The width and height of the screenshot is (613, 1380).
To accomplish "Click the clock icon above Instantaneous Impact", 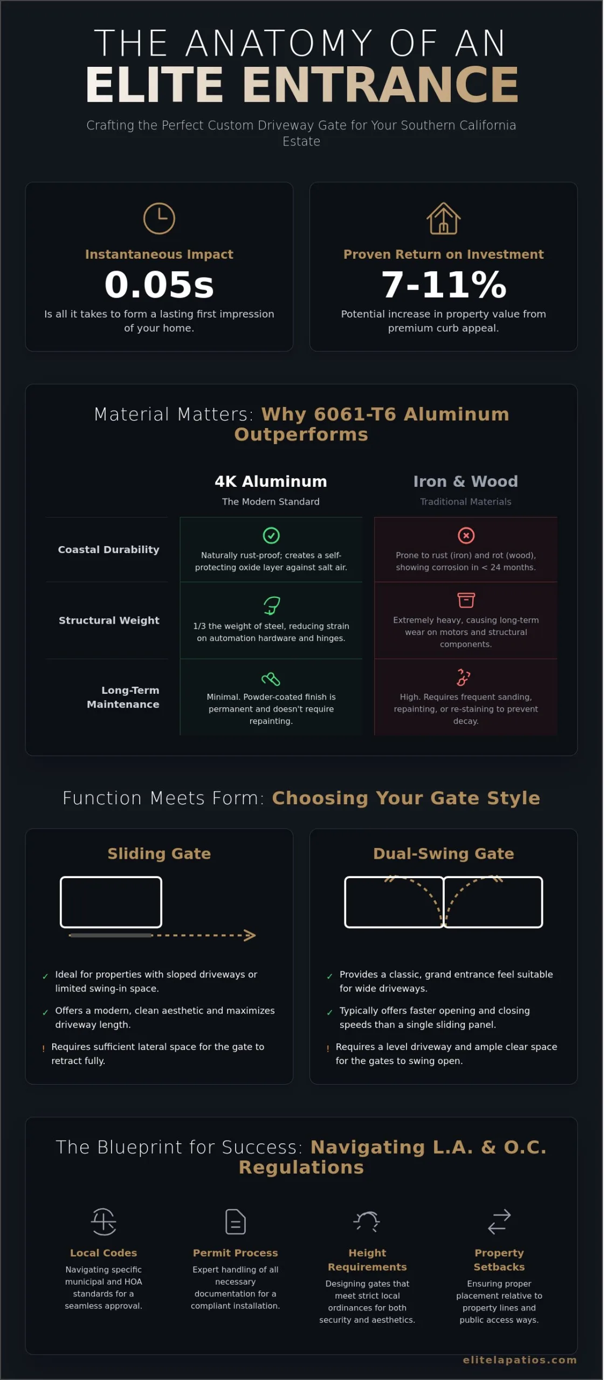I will pos(159,218).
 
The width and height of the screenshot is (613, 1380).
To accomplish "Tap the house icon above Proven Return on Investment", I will pos(443,218).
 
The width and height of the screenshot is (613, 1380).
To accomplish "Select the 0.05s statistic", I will pos(159,284).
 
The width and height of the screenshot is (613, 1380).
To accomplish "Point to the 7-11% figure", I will pos(443,284).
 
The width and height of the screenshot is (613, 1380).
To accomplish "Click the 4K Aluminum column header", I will pos(271,481).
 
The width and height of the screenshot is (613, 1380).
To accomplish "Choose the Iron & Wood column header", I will pos(465,481).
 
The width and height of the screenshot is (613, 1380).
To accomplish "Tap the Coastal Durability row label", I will pos(108,549).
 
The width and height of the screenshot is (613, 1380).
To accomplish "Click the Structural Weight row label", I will pos(109,620).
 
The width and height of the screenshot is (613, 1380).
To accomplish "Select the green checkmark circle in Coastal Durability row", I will pos(271,535).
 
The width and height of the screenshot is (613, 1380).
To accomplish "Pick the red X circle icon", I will pos(466,535).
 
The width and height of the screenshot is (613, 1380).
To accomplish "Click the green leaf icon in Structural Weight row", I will pos(271,605).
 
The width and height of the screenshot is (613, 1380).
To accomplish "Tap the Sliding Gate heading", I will pos(159,853).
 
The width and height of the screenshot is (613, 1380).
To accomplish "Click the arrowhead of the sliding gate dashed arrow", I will pos(250,935).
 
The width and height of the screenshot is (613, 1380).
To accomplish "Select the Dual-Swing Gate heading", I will pos(443,853).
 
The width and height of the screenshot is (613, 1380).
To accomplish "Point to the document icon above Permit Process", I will pos(235,1222).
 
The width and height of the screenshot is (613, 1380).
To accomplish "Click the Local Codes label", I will pos(104,1253).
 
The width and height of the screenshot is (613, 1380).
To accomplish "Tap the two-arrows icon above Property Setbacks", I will pos(499,1222).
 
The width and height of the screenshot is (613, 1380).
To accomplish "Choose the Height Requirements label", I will pos(367,1260).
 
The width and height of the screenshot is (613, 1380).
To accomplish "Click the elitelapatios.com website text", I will pos(520,1360).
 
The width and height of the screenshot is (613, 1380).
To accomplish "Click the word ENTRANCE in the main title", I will pos(381,85).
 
